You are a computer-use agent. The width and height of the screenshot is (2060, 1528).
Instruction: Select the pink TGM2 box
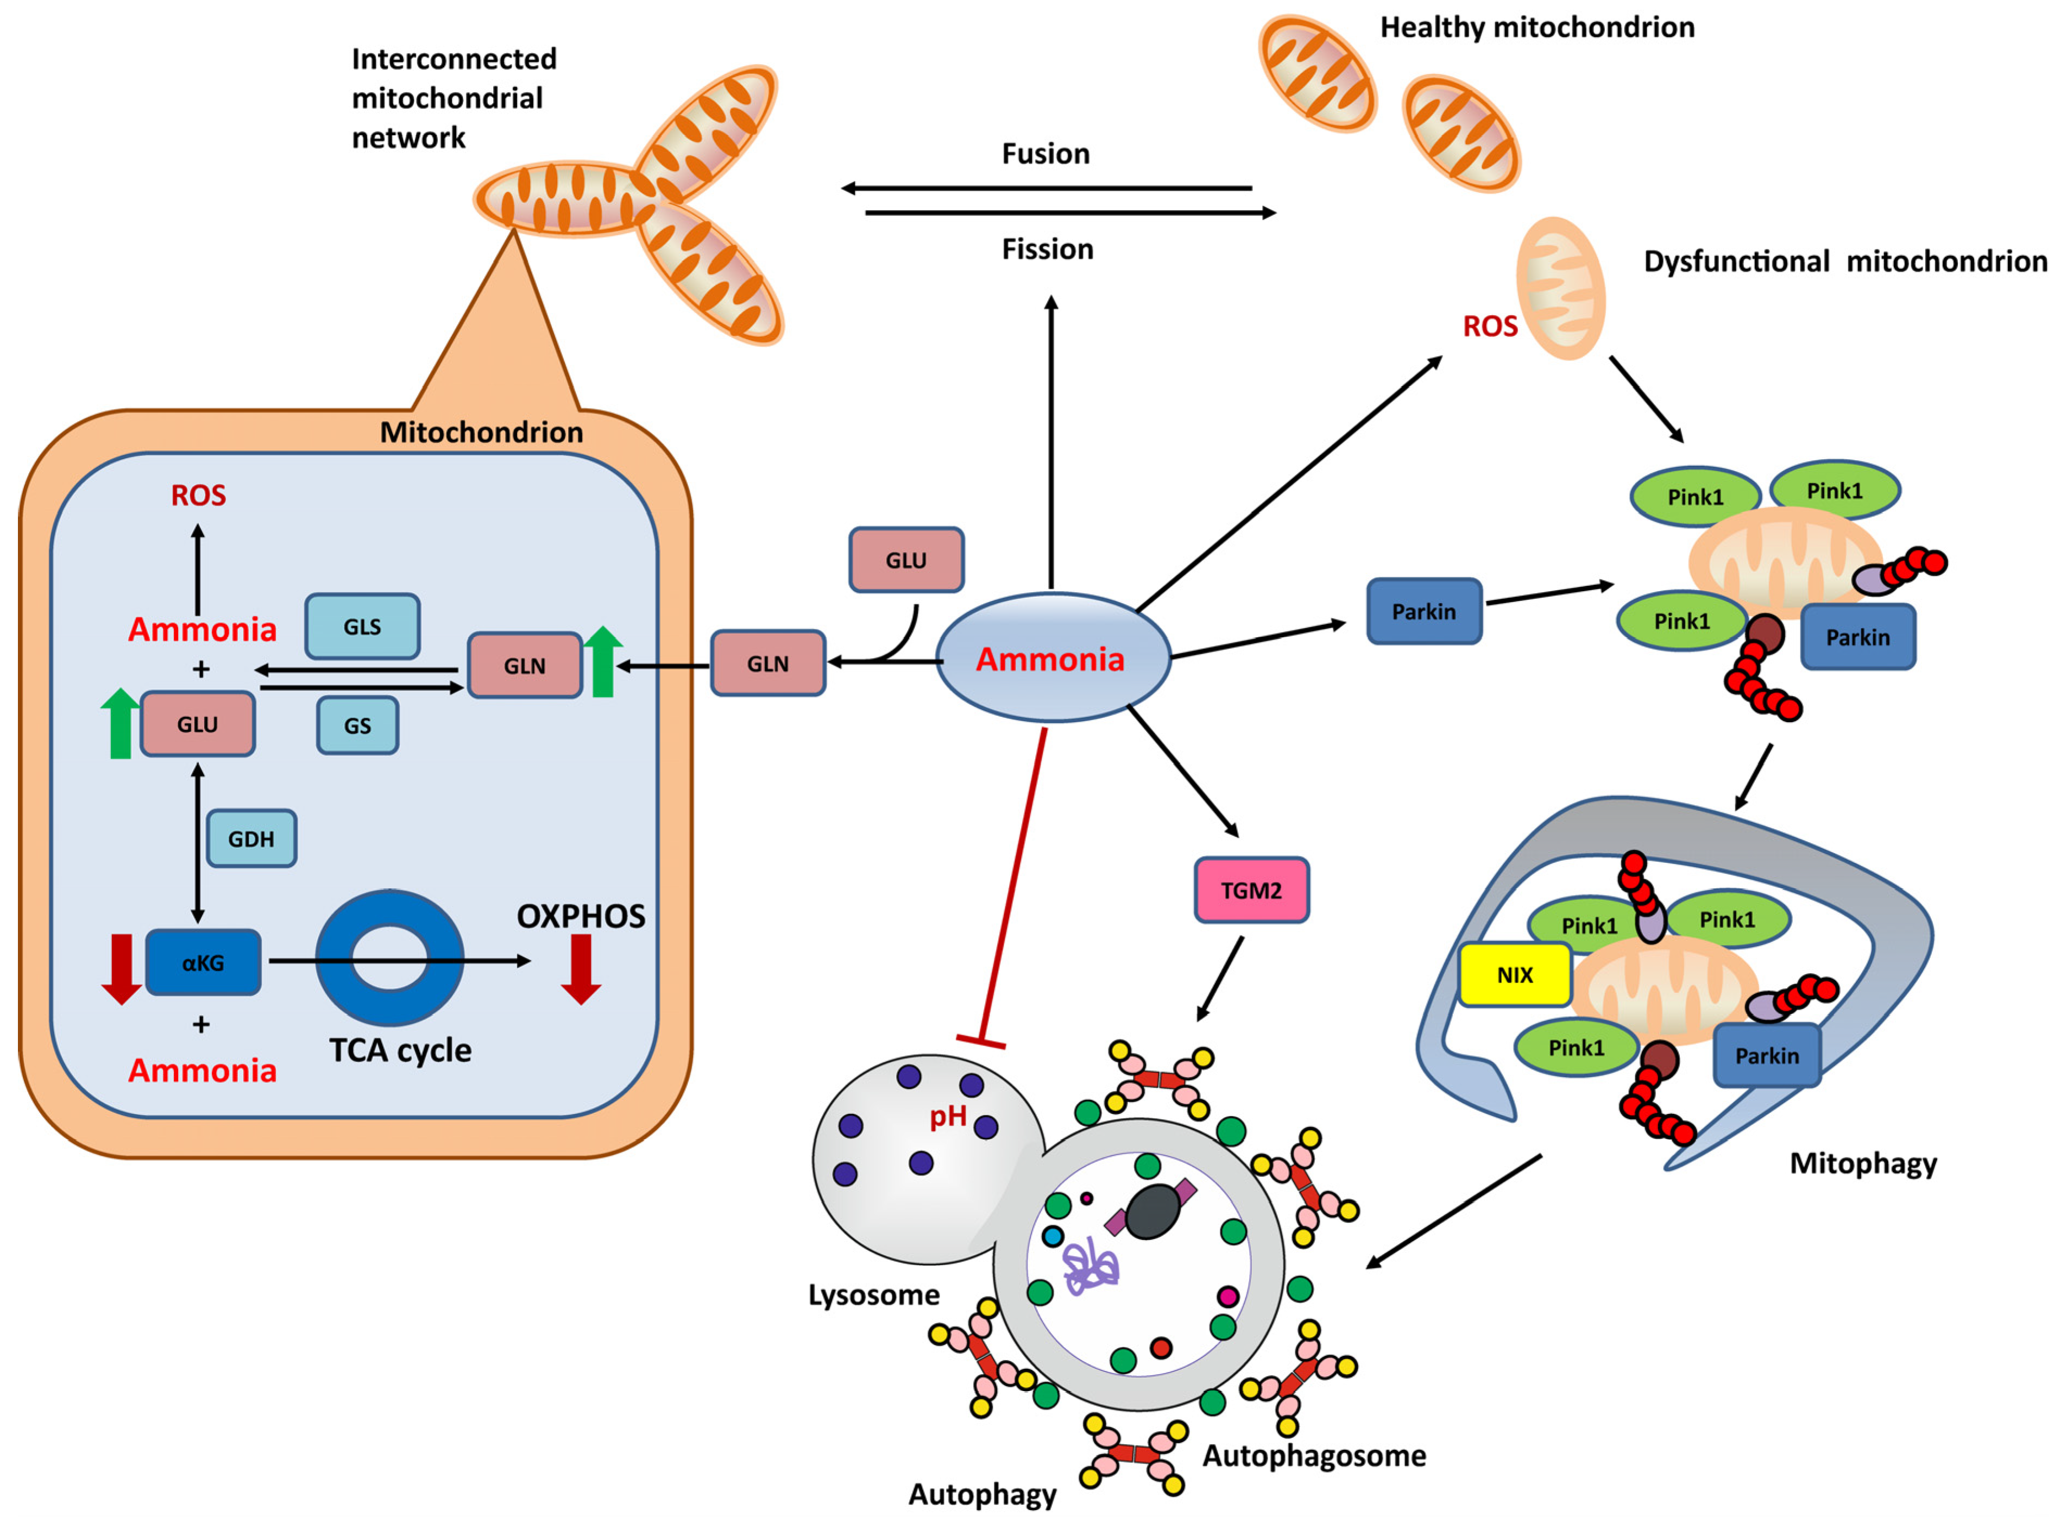(x=1251, y=890)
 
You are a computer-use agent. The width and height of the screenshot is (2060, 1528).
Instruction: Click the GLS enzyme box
(x=362, y=626)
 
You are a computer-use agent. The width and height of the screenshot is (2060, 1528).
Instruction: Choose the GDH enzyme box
(x=251, y=838)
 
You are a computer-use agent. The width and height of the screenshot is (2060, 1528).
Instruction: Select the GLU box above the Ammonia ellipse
(x=905, y=560)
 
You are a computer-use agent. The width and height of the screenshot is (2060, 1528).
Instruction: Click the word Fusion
(x=1045, y=154)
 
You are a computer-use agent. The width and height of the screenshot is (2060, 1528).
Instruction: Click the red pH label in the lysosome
(x=948, y=1117)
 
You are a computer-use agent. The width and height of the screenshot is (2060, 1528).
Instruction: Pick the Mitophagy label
(x=1862, y=1163)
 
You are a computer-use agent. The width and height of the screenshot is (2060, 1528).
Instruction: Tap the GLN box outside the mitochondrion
(x=767, y=663)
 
